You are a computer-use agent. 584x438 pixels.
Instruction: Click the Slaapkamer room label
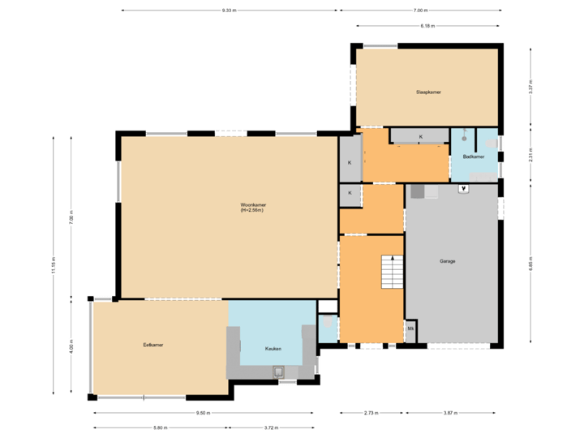(x=428, y=93)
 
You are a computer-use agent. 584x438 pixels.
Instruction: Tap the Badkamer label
(x=473, y=156)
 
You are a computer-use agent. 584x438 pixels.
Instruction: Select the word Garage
(x=447, y=261)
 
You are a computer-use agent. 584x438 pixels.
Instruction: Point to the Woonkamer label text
(x=253, y=207)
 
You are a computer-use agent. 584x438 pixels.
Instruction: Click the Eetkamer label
(x=152, y=345)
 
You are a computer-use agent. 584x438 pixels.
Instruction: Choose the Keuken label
(x=273, y=348)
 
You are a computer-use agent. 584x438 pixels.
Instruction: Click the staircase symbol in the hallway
(x=392, y=272)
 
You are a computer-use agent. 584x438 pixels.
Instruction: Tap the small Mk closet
(x=410, y=328)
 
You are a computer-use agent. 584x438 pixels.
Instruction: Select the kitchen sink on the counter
(x=279, y=372)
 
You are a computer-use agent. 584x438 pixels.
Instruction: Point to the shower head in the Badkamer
(x=465, y=133)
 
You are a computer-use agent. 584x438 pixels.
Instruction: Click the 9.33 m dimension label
(x=229, y=11)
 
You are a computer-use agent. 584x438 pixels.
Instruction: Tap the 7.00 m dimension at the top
(x=419, y=11)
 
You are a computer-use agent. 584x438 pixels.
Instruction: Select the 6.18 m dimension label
(x=427, y=26)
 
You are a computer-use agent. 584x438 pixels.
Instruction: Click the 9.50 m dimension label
(x=203, y=413)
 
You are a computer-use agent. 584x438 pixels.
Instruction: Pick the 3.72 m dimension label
(x=270, y=427)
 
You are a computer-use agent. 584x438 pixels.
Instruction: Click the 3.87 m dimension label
(x=449, y=413)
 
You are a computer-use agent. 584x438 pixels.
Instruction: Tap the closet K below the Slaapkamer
(x=420, y=136)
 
